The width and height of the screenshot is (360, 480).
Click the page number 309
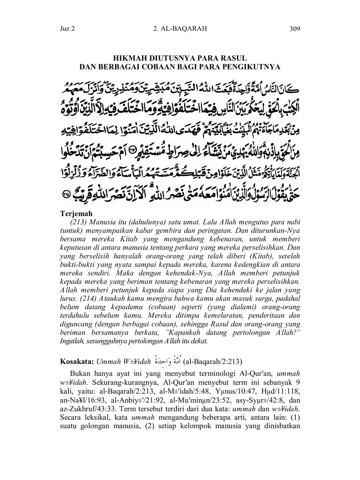pos(295,29)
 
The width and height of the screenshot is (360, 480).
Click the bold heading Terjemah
pos(76,214)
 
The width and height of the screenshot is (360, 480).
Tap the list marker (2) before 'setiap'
pos(149,426)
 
